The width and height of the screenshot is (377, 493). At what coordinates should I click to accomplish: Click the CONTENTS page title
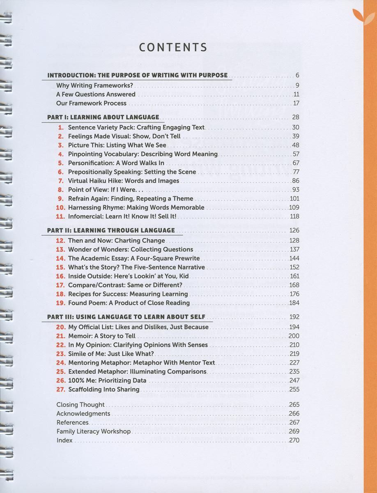pos(173,47)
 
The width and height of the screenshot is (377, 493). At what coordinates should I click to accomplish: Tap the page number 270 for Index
pos(294,440)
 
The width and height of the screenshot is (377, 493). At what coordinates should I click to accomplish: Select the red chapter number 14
pos(61,258)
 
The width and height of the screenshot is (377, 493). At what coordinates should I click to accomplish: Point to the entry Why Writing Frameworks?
pos(95,86)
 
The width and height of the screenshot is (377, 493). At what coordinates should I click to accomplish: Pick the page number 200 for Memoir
pos(294,336)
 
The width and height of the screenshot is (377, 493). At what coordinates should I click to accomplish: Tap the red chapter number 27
pos(61,389)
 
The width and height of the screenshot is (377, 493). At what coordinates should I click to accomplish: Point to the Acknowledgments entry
pos(83,414)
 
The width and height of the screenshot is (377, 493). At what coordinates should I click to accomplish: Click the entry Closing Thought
pos(80,405)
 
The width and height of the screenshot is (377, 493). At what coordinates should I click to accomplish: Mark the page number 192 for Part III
pos(294,317)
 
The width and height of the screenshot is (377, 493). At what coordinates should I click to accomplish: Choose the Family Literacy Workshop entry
pos(93,431)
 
